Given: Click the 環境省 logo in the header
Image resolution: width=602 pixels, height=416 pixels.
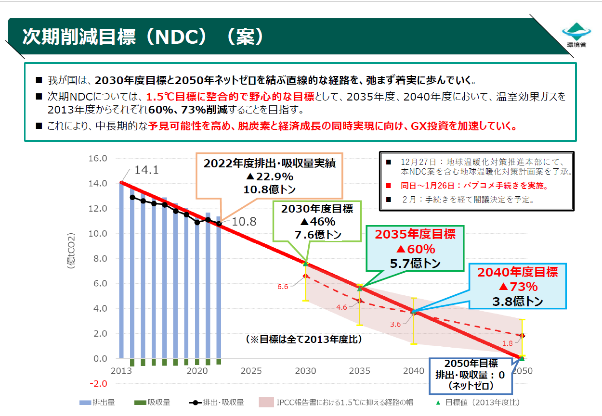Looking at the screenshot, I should pyautogui.click(x=576, y=35).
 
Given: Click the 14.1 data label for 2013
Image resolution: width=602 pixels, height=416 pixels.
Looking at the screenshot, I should pyautogui.click(x=146, y=170).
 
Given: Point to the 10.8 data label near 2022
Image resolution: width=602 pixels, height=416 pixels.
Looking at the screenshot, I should pyautogui.click(x=245, y=222).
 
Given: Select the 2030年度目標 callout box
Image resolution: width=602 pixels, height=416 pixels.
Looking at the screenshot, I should pyautogui.click(x=317, y=222).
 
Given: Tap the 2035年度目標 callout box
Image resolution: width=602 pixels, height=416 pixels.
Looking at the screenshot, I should pyautogui.click(x=415, y=249).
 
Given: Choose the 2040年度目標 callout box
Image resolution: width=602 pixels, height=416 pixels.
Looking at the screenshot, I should pyautogui.click(x=517, y=287).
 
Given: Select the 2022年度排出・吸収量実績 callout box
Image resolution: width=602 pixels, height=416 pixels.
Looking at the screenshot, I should pyautogui.click(x=269, y=176).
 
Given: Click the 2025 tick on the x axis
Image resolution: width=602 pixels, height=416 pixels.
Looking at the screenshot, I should pyautogui.click(x=251, y=371).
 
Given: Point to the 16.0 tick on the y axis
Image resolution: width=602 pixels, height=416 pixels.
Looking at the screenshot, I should pyautogui.click(x=97, y=159).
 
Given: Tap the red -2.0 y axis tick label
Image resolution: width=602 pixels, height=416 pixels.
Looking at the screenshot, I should pyautogui.click(x=97, y=384).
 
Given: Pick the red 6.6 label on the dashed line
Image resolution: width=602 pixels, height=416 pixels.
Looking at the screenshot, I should pyautogui.click(x=283, y=287).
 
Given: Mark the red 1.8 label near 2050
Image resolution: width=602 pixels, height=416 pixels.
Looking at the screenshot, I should pyautogui.click(x=507, y=343).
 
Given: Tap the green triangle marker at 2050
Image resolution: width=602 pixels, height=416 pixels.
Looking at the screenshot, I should pyautogui.click(x=522, y=358).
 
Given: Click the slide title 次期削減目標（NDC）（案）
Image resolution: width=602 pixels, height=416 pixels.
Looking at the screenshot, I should pyautogui.click(x=144, y=37).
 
